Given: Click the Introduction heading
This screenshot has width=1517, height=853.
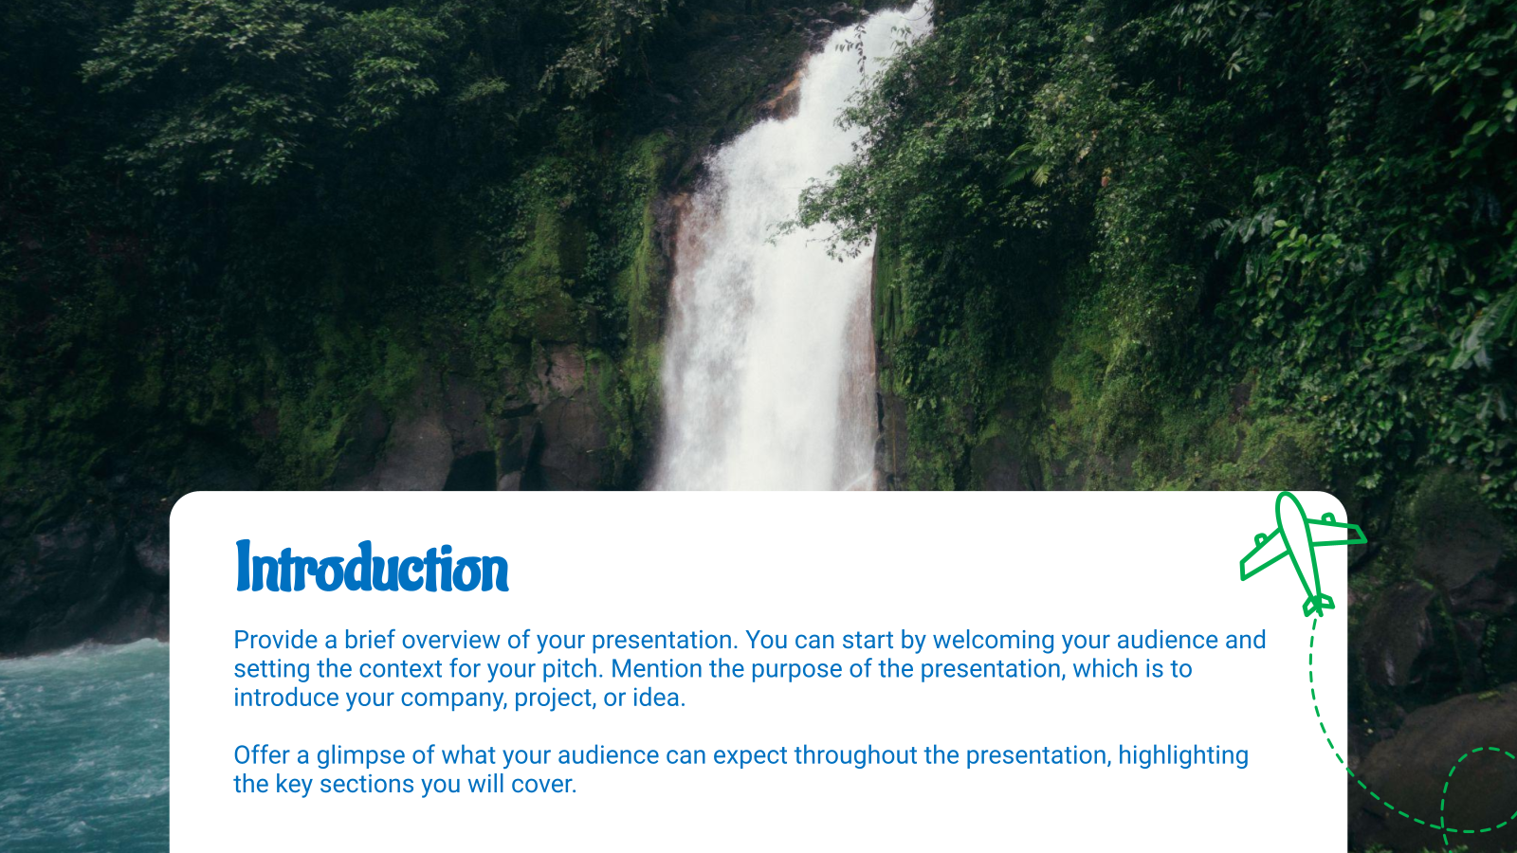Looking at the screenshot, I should tap(372, 568).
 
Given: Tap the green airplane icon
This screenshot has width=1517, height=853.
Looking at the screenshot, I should tap(1302, 550).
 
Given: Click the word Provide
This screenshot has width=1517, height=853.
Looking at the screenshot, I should tap(276, 640).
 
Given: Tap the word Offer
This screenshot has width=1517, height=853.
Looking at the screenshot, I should tap(262, 755).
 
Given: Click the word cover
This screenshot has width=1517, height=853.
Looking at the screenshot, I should tap(543, 785).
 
